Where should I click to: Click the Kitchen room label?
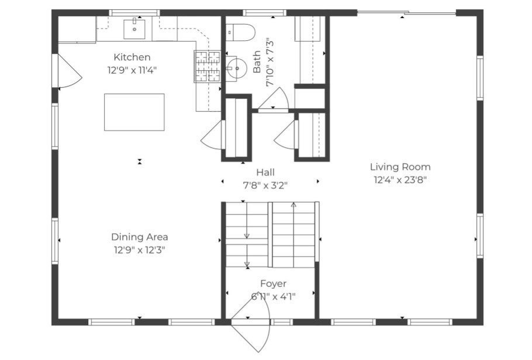[132, 57]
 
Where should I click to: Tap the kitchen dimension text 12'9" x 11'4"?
[132, 71]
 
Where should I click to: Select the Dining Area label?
[140, 237]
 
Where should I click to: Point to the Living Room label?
[400, 167]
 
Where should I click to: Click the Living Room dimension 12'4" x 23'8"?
[400, 180]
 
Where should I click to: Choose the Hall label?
[265, 172]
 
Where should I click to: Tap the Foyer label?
[273, 283]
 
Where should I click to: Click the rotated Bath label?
[257, 62]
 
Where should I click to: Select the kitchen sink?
[134, 29]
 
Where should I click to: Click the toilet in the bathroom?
[240, 32]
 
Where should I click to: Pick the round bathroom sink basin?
[237, 68]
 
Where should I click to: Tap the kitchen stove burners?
[207, 67]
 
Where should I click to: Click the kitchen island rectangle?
[134, 112]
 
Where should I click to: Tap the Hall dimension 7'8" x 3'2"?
[265, 186]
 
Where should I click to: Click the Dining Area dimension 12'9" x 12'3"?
[140, 250]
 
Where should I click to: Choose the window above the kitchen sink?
[134, 13]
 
